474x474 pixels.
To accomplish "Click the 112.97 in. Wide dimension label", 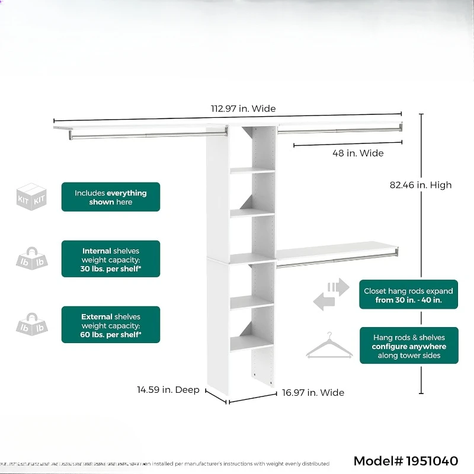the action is (244, 108).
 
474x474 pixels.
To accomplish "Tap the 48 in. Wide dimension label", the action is (357, 153).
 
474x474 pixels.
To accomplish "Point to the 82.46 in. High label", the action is (421, 185).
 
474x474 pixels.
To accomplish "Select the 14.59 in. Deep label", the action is (168, 390).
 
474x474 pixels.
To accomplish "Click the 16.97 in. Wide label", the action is (313, 392).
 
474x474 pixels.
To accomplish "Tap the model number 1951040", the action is (406, 461).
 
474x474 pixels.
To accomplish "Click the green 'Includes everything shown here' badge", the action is (111, 197).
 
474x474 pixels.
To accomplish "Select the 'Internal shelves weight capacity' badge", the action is (111, 259).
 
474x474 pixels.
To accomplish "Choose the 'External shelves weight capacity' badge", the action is (111, 325).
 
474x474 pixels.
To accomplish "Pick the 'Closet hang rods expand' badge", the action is (408, 295).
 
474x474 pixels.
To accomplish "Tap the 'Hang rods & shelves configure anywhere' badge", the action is (408, 346).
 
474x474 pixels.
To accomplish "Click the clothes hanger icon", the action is (329, 346).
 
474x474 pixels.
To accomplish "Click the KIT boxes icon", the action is (32, 197).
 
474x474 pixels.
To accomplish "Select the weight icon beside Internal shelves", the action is (32, 259).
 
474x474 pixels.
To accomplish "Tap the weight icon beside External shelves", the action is (32, 325).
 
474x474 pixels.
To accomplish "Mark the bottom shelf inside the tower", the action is (251, 342).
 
